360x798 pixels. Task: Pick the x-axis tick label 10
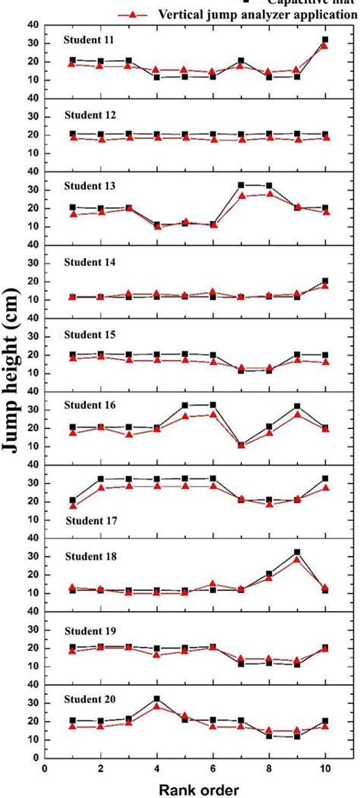click(325, 768)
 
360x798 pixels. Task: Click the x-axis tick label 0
click(46, 768)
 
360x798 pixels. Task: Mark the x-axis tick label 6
click(213, 768)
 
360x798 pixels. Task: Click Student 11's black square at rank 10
click(325, 39)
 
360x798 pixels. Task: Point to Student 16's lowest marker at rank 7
click(241, 445)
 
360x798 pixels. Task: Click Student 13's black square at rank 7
click(241, 185)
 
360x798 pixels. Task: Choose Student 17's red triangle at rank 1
click(73, 506)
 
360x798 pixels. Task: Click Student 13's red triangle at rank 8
click(269, 194)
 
